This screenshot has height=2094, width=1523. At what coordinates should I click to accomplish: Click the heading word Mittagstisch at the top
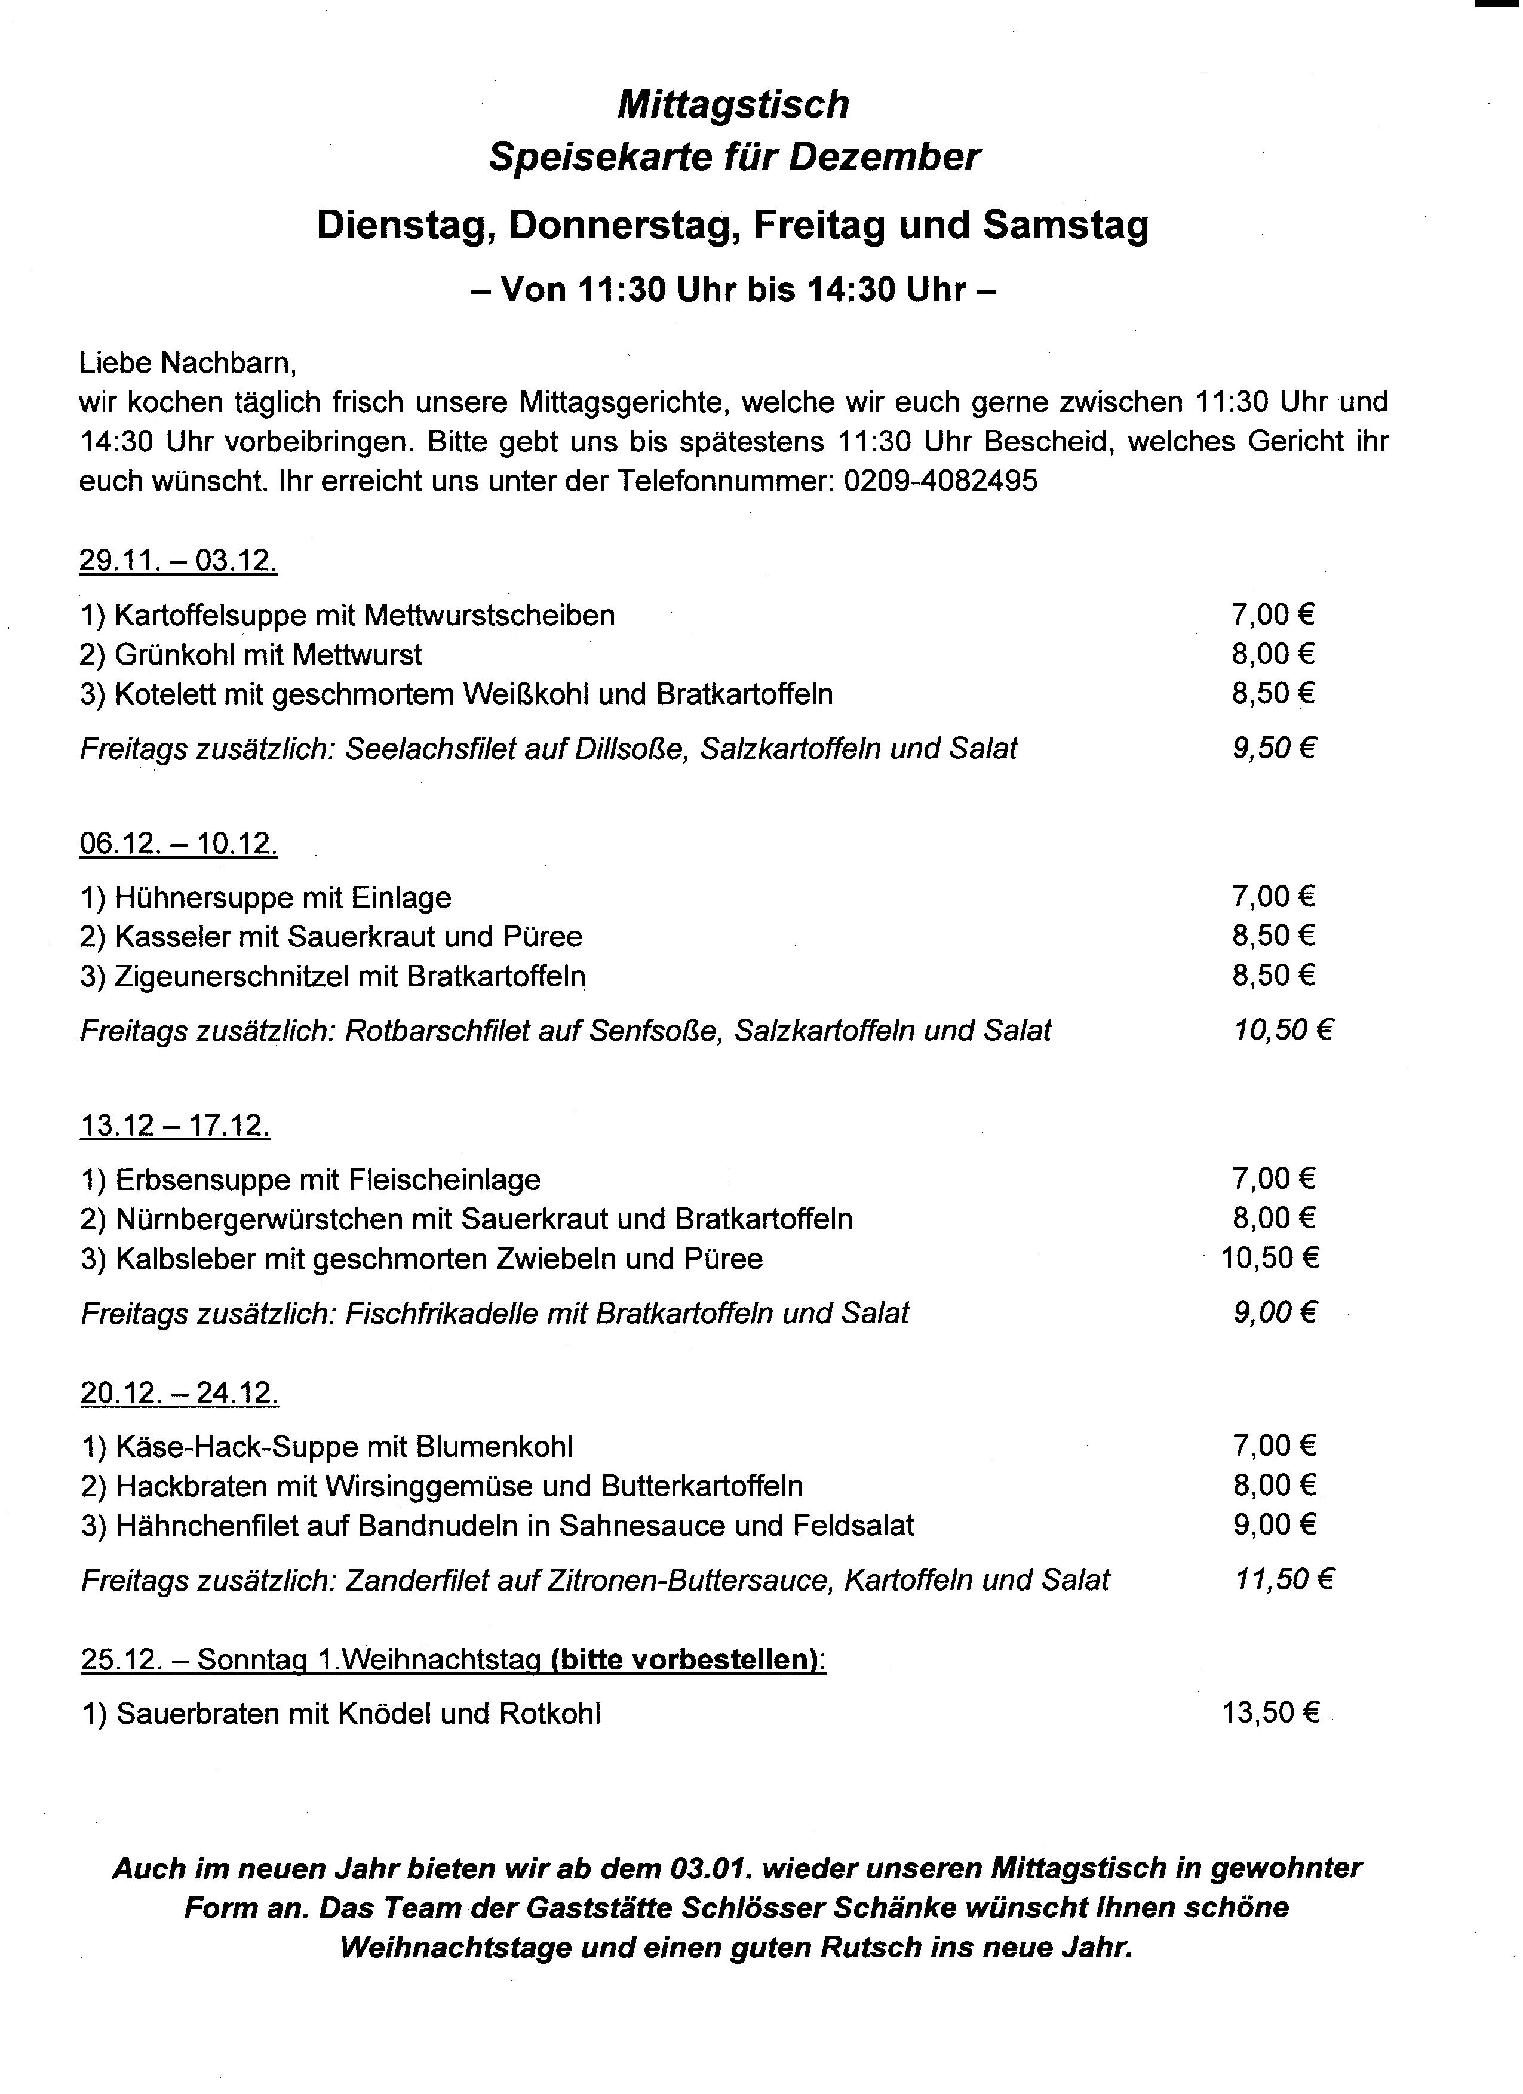[x=732, y=104]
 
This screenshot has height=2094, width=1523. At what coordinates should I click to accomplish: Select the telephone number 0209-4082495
[x=940, y=481]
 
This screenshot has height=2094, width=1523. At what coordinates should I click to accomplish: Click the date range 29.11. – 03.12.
[x=178, y=561]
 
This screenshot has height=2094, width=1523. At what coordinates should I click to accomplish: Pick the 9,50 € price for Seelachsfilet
[x=1273, y=748]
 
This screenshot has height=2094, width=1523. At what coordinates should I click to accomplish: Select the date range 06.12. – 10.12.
[x=178, y=843]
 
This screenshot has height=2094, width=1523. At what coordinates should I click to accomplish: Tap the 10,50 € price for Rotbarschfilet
[x=1283, y=1031]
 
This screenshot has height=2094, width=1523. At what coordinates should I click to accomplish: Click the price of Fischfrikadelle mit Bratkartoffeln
[x=1273, y=1313]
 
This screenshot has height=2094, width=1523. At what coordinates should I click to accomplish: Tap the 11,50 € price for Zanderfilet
[x=1284, y=1580]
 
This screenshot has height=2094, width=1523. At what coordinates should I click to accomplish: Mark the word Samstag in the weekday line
[x=1066, y=225]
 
